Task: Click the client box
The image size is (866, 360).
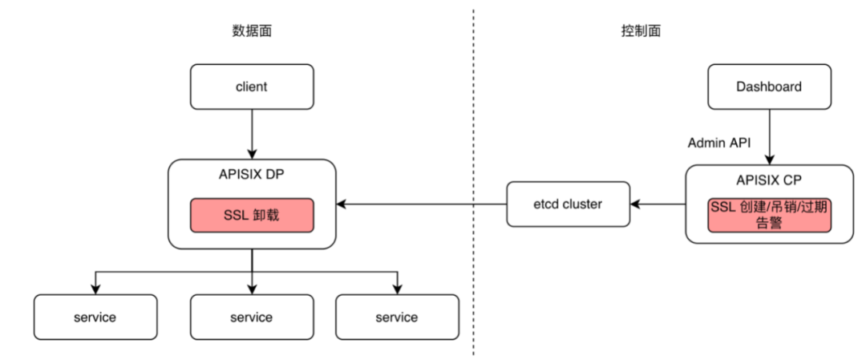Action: [x=252, y=87]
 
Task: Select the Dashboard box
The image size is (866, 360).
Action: [x=768, y=87]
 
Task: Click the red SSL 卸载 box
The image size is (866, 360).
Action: [x=252, y=216]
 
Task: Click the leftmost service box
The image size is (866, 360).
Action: [x=95, y=317]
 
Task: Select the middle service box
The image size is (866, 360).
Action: [x=252, y=317]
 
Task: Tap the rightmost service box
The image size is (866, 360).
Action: [x=397, y=317]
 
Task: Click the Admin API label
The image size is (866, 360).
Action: [x=718, y=143]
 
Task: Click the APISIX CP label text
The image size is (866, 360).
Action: [x=768, y=180]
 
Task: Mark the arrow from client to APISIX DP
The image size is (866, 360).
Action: [x=252, y=133]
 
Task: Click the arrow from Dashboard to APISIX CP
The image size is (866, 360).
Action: [x=768, y=136]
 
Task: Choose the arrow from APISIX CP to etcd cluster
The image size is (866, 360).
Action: [x=658, y=204]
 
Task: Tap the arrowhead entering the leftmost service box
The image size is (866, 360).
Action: [x=95, y=289]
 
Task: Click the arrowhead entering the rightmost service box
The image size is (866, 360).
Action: [x=397, y=289]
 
